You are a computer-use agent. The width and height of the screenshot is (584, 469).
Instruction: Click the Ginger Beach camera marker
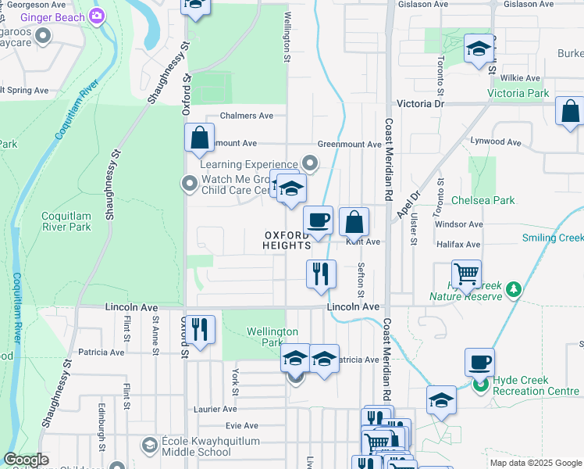97,16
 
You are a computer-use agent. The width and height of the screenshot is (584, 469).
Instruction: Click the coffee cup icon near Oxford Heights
318,221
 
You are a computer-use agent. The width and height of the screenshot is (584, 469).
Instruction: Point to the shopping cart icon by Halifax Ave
466,274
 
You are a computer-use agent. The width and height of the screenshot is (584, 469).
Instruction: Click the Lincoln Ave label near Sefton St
353,307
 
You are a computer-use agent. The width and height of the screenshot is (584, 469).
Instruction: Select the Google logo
26,460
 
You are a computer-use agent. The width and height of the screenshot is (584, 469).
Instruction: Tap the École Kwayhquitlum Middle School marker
149,445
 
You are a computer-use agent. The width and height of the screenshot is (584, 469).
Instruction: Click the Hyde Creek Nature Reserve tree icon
513,289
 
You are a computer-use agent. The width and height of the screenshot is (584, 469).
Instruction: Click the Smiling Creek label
553,238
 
